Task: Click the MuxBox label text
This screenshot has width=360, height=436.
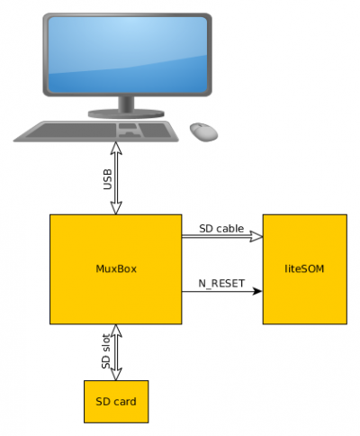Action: coord(116,268)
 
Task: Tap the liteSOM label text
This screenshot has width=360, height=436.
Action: coord(304,268)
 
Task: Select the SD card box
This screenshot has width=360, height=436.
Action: coord(116,402)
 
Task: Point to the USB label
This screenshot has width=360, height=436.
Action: coord(107,179)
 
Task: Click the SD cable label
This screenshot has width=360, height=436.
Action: coord(221,229)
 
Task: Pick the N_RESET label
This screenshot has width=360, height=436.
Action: coord(221,284)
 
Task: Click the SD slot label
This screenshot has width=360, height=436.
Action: coord(106,351)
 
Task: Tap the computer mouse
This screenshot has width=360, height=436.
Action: coord(204,132)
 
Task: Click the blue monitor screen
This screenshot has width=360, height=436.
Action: coord(128,54)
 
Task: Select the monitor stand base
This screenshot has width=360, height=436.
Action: coord(126,114)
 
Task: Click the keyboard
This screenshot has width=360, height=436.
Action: coord(96,132)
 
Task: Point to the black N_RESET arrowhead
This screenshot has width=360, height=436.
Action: coord(257,291)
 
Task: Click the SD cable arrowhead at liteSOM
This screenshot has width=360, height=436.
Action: coord(257,237)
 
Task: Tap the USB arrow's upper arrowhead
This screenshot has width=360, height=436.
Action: coord(116,149)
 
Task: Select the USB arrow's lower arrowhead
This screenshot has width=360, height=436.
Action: coord(116,208)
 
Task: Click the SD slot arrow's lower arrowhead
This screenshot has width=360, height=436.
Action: coord(116,374)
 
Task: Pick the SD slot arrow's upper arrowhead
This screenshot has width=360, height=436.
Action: coord(116,331)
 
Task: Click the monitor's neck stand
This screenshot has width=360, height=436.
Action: coord(126,104)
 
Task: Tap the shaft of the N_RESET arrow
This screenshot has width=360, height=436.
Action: coord(217,291)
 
